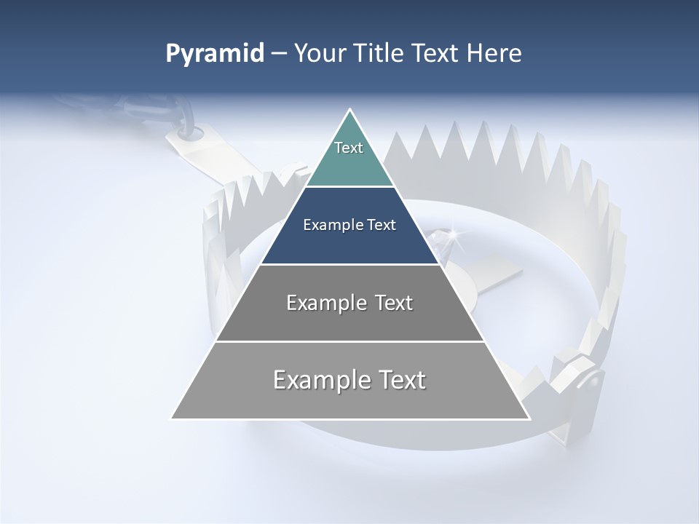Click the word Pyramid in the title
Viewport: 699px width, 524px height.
click(215, 54)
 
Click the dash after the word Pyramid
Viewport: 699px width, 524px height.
click(278, 55)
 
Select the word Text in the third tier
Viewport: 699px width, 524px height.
click(394, 303)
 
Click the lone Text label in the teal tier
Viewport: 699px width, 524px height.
click(349, 148)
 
